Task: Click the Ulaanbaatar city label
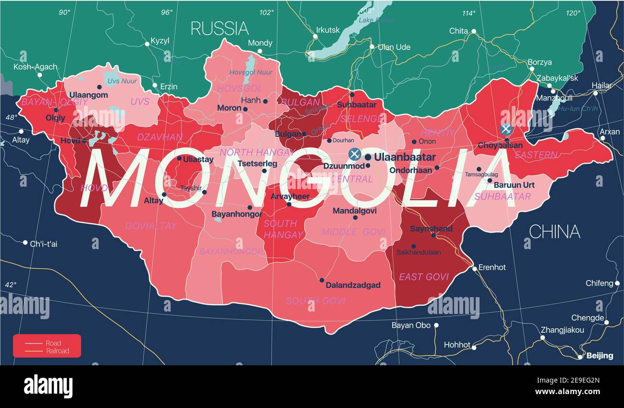405,157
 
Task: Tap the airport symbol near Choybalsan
505,129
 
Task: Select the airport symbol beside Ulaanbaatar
354,154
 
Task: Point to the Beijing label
599,356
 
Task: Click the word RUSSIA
219,28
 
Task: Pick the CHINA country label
554,232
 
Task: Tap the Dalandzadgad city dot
322,280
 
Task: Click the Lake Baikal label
376,20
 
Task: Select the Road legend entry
53,343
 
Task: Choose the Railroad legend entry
57,351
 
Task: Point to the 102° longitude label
266,12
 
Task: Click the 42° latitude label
11,285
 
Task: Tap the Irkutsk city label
328,30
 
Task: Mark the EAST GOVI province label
424,276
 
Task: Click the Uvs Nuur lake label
122,81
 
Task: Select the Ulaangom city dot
99,87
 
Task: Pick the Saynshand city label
431,228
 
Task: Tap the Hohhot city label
457,345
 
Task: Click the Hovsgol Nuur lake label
251,72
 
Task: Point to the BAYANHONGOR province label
231,252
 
